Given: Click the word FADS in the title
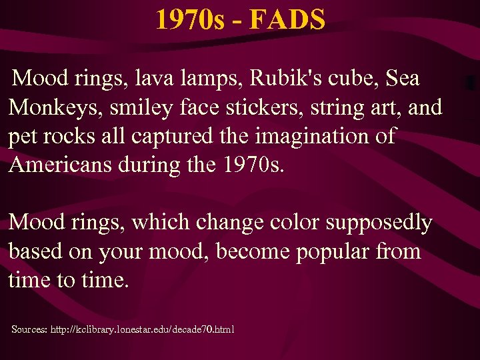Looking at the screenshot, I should pos(289,20).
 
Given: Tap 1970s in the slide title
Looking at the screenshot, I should pos(186,20).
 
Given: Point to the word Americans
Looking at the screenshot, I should pos(66,165).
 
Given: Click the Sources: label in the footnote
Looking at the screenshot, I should pos(31,329).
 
